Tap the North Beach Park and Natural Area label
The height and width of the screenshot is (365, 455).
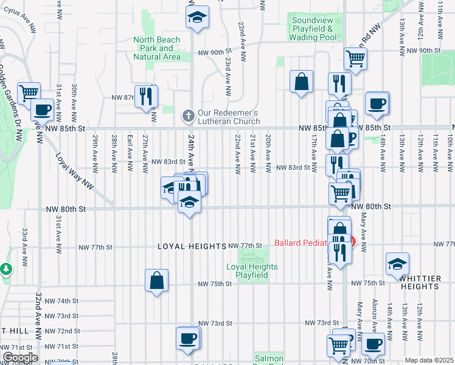click(x=157, y=48)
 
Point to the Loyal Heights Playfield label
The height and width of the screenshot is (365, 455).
click(x=252, y=271)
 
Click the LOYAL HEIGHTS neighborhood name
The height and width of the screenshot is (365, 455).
click(x=192, y=246)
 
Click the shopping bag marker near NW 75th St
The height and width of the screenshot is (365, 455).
click(x=156, y=280)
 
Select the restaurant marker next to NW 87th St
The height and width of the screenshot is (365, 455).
click(x=146, y=96)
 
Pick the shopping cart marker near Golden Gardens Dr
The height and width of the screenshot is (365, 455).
click(x=29, y=93)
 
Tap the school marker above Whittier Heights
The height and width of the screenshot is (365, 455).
click(x=397, y=263)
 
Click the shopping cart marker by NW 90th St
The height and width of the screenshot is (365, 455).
click(x=355, y=58)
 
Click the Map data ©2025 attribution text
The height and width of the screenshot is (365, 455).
click(x=429, y=360)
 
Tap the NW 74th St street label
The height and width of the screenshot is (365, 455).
click(x=65, y=301)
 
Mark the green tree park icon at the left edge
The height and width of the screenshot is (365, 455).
click(x=5, y=268)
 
